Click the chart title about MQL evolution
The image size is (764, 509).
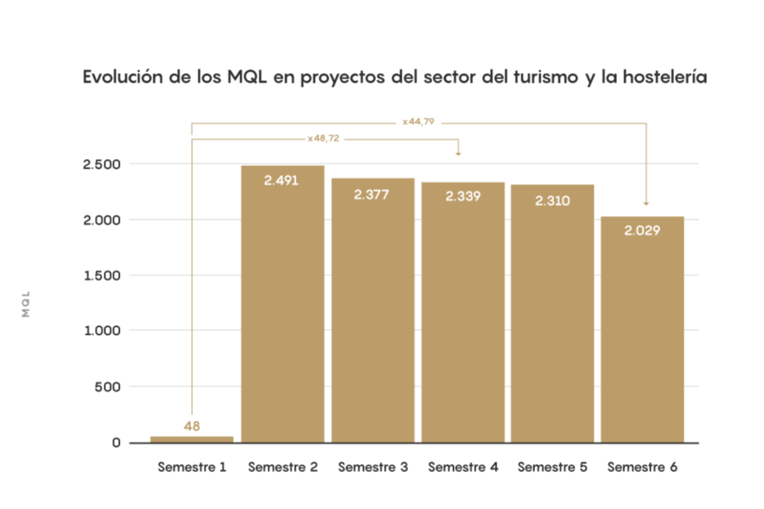tap(394, 78)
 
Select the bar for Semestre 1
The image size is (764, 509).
tap(191, 438)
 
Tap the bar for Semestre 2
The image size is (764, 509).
tap(282, 305)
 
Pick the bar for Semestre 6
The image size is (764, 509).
tap(642, 329)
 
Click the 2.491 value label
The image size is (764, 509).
tap(281, 180)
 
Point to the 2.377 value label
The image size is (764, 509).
tap(371, 193)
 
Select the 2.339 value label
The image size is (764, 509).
tap(462, 196)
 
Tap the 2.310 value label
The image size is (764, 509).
tap(552, 200)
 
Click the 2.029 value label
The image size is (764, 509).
tap(642, 230)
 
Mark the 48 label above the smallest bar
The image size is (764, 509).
tap(191, 426)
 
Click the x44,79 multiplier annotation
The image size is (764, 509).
tap(419, 123)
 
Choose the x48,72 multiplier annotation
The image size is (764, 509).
tap(325, 139)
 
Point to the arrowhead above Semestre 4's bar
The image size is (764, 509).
tap(458, 153)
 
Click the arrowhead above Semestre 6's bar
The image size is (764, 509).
tap(646, 204)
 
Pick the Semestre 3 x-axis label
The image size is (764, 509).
tap(373, 466)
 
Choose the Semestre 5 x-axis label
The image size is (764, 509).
tap(553, 466)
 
